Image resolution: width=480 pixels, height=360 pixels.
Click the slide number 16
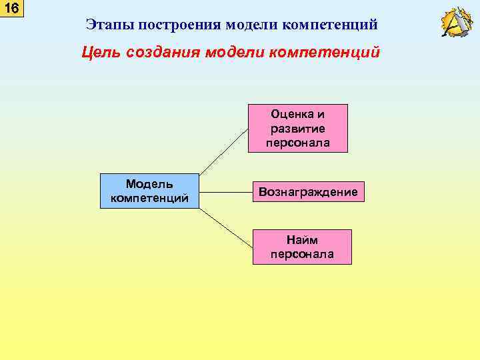[x=11, y=9]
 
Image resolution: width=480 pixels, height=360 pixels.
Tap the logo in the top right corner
[x=457, y=23]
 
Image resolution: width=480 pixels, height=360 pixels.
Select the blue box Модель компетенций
[x=149, y=191]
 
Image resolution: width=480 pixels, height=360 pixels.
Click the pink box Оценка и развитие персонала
[x=299, y=128]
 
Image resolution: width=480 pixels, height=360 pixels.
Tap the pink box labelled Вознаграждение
[x=307, y=192]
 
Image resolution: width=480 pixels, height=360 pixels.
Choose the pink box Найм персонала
[x=302, y=247]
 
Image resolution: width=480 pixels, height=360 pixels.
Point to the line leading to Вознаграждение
[x=225, y=191]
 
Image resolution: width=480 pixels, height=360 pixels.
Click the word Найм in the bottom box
[x=302, y=240]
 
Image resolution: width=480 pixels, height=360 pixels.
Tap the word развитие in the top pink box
[x=299, y=128]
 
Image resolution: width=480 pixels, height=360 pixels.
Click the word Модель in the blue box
[x=149, y=184]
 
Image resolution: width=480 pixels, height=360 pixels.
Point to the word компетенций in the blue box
[x=149, y=198]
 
